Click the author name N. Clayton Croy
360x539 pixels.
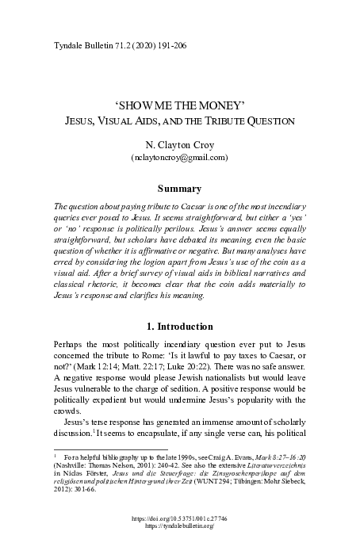(x=179, y=146)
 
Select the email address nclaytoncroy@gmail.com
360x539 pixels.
(x=179, y=159)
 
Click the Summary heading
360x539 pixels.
(x=179, y=189)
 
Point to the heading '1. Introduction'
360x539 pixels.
(x=179, y=327)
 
